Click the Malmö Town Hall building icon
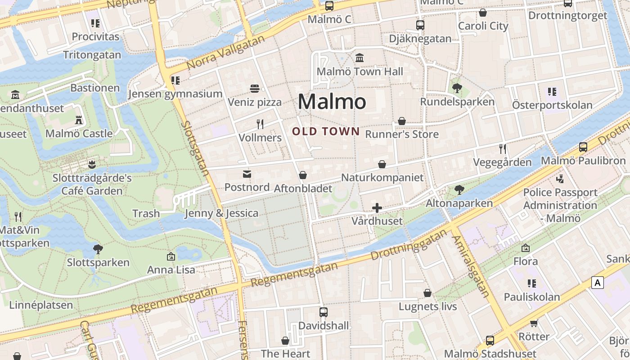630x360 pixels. (360, 58)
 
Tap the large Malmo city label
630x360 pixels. (332, 102)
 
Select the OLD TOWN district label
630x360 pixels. (326, 131)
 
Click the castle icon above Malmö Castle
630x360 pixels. (79, 120)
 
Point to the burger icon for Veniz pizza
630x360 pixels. (255, 89)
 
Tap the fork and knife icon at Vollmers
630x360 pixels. (260, 124)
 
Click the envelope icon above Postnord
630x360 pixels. (247, 174)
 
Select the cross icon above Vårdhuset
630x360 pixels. (377, 207)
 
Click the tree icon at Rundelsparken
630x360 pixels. (457, 88)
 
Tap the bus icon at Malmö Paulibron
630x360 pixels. (583, 147)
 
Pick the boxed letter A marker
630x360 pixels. (598, 283)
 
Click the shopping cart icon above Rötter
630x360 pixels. (534, 323)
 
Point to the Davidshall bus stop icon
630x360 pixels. (324, 312)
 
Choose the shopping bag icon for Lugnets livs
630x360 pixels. (427, 293)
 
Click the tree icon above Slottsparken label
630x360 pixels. (98, 249)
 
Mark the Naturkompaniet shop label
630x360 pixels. (382, 177)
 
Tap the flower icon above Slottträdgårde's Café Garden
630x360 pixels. (92, 165)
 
